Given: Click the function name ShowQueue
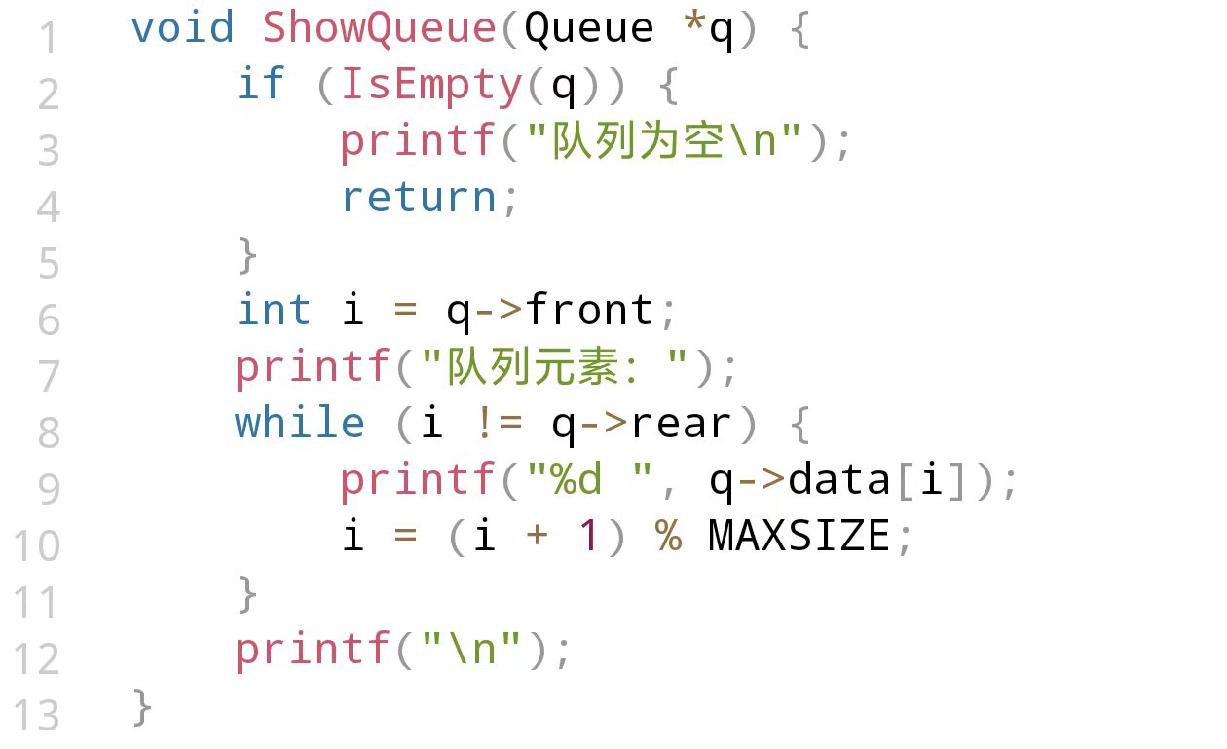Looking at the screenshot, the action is (x=380, y=28).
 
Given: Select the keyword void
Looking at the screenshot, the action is (x=183, y=28).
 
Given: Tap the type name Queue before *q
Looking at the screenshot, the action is (x=589, y=28).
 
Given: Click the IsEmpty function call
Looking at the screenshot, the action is (x=431, y=86).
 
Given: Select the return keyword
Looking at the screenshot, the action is (x=419, y=199).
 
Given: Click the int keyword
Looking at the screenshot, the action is (x=274, y=312).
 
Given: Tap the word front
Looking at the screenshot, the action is (x=589, y=312).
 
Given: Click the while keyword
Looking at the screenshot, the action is (x=300, y=425).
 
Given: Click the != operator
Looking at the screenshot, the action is (x=498, y=425).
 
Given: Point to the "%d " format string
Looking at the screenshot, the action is (x=589, y=481).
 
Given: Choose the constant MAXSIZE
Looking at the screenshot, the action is (x=799, y=538).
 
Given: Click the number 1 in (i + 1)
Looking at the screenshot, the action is (x=588, y=538).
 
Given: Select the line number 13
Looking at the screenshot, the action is (x=37, y=717).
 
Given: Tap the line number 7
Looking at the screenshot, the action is (x=49, y=376).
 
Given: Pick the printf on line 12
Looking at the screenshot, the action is (x=313, y=651).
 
